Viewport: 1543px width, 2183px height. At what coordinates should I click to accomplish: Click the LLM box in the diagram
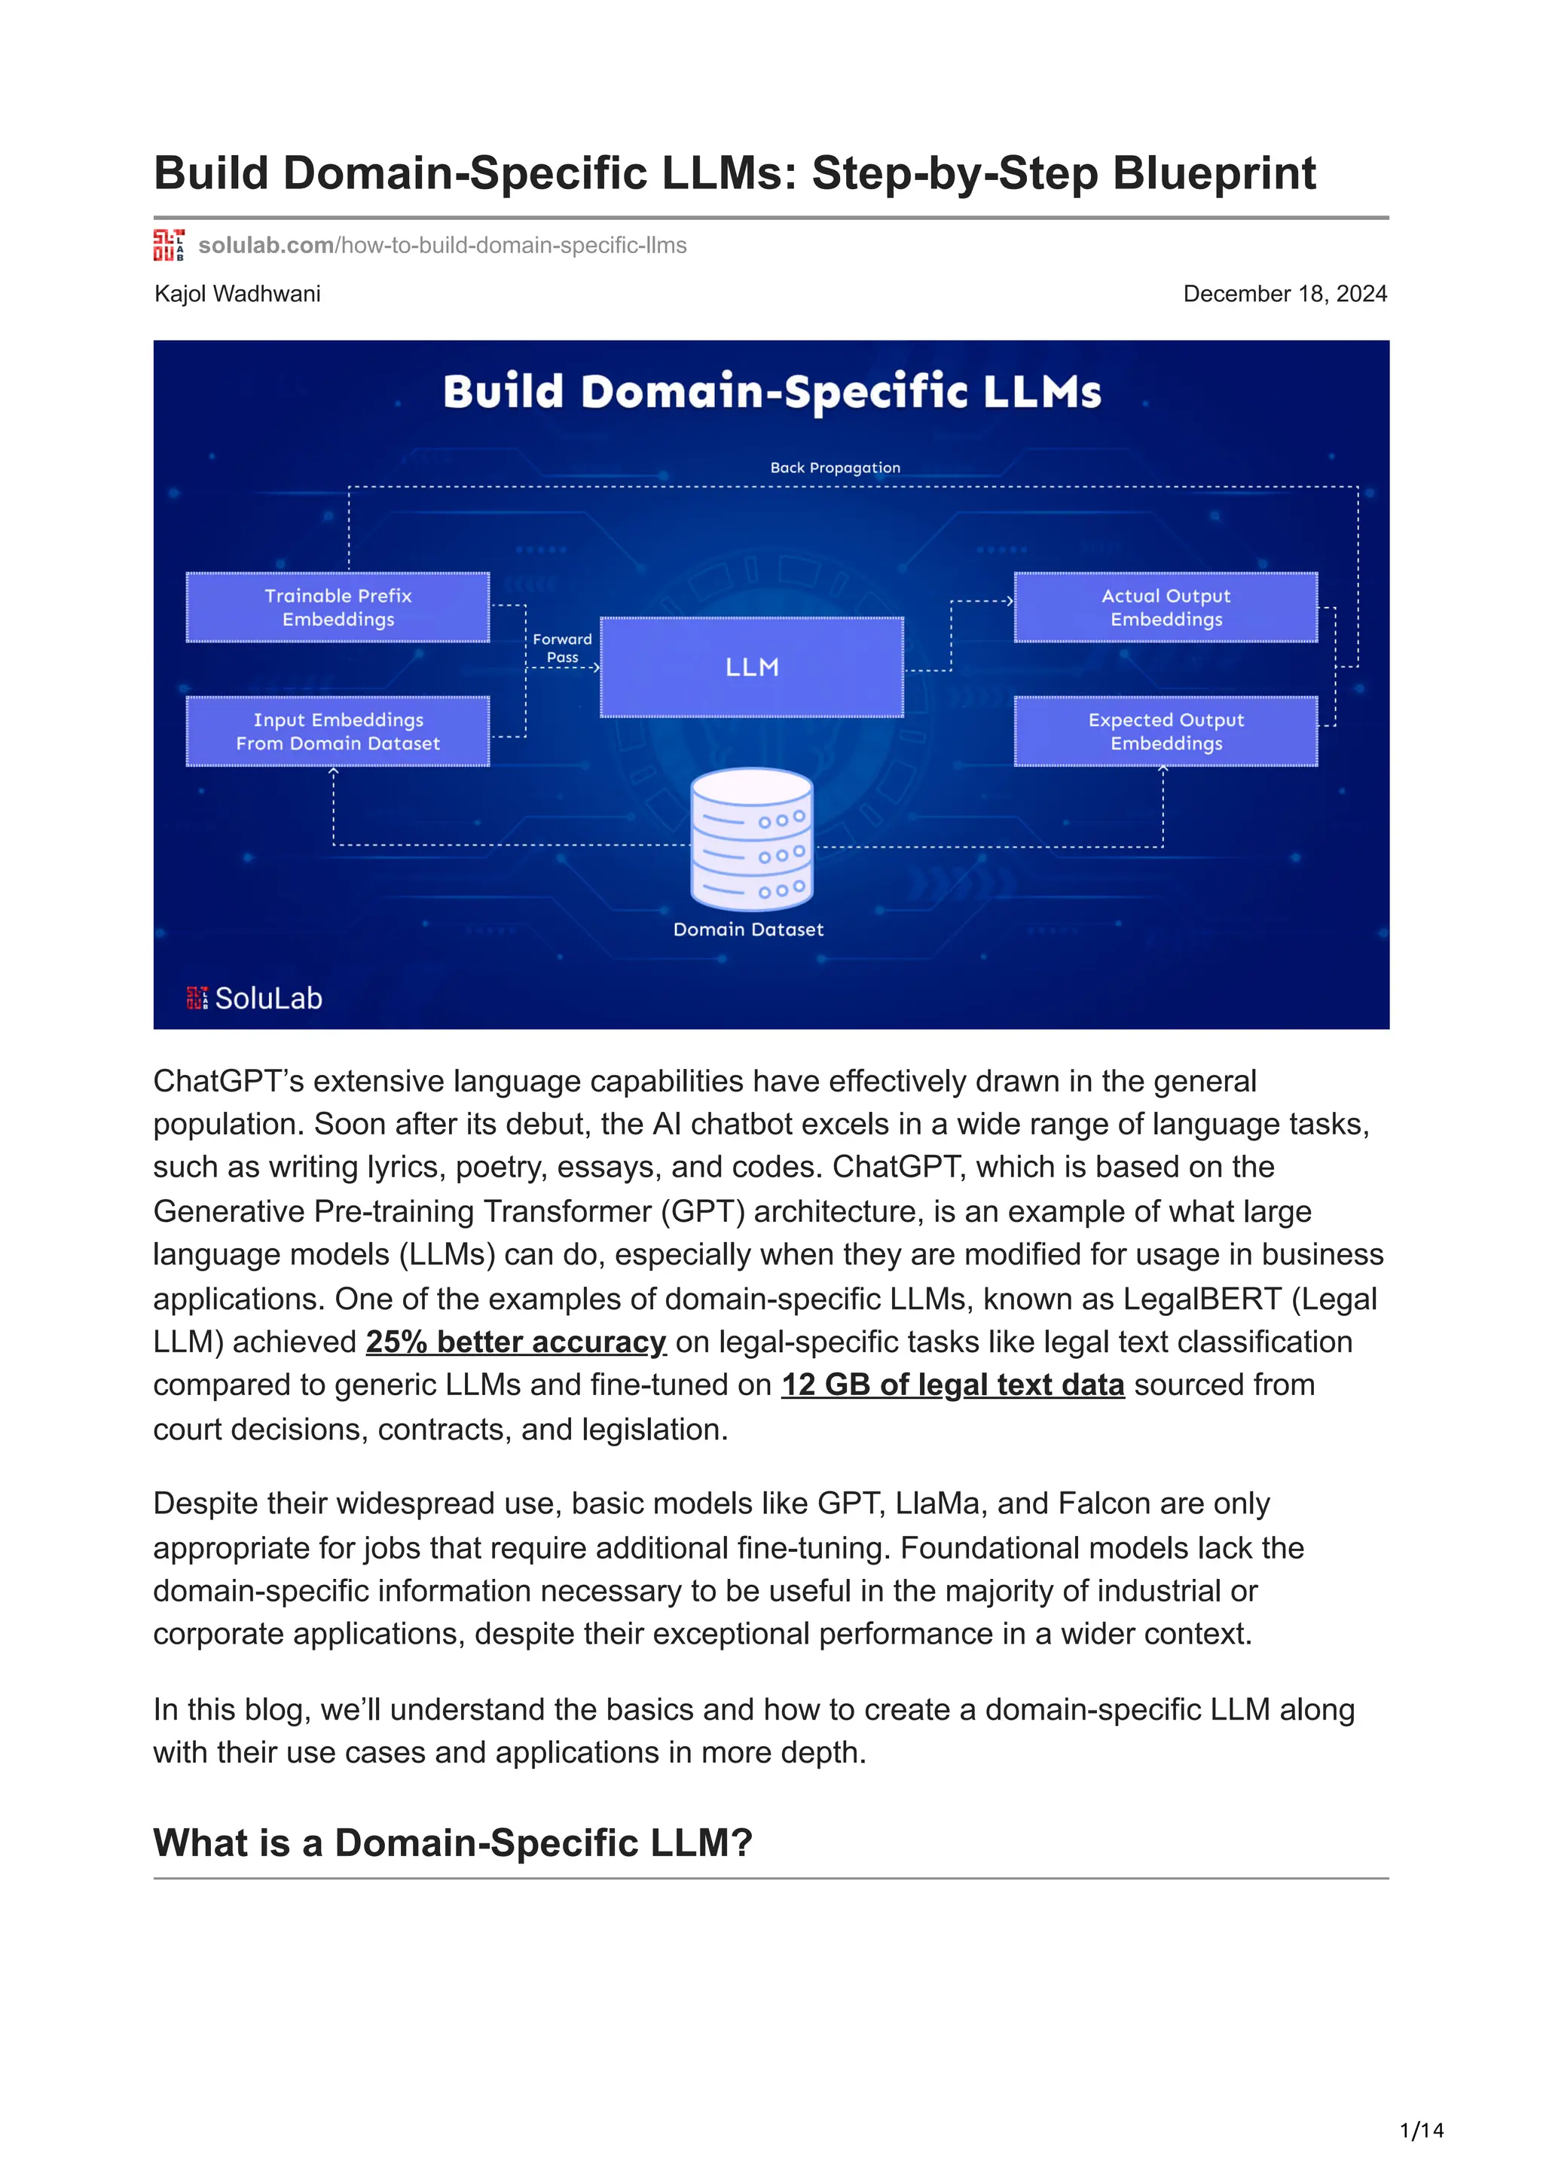coord(751,667)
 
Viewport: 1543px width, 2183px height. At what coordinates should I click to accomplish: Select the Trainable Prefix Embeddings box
coord(338,608)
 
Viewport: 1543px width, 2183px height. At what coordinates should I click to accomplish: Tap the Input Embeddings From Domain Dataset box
coord(338,731)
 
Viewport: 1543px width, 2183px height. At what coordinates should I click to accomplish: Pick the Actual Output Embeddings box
coord(1166,608)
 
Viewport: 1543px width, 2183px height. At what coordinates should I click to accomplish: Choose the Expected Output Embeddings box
coord(1166,731)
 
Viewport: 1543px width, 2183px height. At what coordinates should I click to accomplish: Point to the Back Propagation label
coord(835,468)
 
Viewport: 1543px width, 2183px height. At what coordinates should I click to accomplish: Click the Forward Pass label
coord(562,648)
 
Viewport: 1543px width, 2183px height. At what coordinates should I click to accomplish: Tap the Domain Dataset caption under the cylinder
coord(748,930)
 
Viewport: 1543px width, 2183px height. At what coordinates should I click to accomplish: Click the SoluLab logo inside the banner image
coord(255,998)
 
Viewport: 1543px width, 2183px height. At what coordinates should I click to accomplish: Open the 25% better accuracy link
coord(515,1342)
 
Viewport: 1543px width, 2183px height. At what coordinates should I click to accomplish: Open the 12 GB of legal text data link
coord(952,1385)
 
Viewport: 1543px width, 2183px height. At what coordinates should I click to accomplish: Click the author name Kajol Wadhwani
coord(237,294)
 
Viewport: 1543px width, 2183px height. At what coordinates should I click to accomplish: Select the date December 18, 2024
coord(1285,294)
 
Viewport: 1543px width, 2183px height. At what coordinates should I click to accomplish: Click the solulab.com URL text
coord(442,246)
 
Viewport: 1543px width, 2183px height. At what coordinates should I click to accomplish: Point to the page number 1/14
coord(1421,2131)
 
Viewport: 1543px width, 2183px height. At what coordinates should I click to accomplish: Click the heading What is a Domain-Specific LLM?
coord(453,1843)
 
